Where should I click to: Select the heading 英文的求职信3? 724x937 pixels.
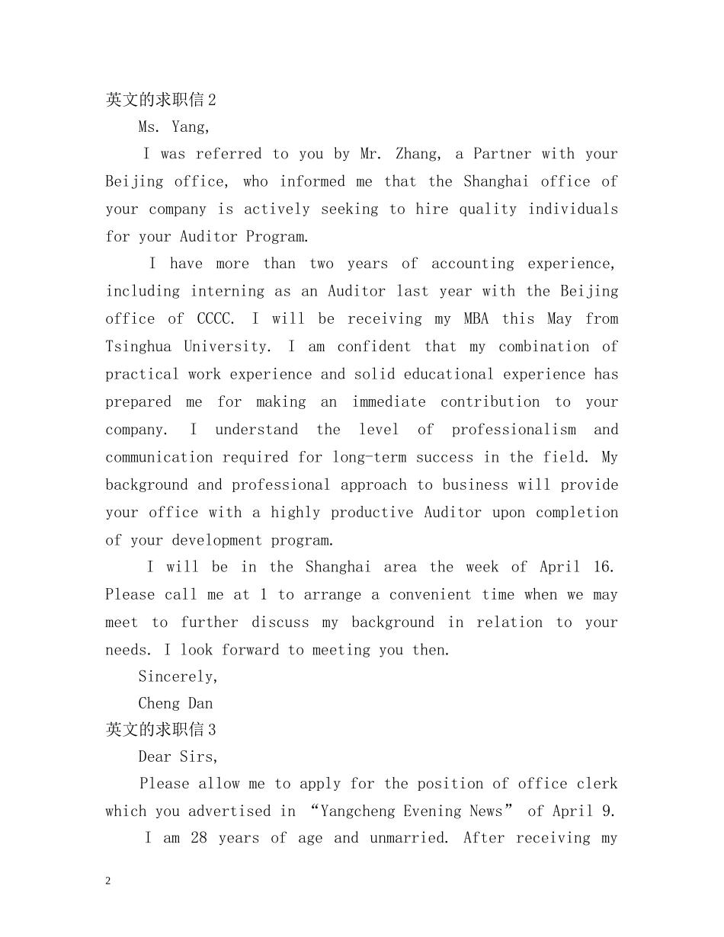coord(161,730)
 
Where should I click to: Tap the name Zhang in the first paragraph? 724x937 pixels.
coord(418,154)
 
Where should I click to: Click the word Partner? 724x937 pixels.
coord(502,154)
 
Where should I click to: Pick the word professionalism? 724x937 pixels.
coord(514,430)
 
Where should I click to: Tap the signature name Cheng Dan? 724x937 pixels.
coord(175,703)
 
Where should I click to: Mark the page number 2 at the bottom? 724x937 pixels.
coord(108,881)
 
